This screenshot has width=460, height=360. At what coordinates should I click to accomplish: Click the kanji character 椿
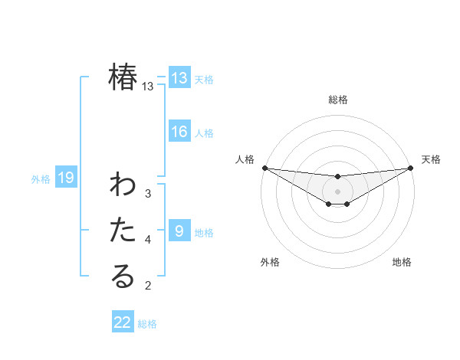[x=123, y=77]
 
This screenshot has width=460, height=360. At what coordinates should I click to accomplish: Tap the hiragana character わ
[x=123, y=185]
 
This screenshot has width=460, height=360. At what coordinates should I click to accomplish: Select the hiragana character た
[x=123, y=230]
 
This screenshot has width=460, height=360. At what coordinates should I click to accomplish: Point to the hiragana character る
[x=123, y=277]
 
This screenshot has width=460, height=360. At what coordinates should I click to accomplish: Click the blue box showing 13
[x=179, y=77]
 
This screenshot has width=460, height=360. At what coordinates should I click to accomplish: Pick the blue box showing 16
[x=179, y=132]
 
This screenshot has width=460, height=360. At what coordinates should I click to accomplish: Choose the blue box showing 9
[x=179, y=231]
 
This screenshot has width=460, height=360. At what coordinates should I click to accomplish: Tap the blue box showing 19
[x=66, y=178]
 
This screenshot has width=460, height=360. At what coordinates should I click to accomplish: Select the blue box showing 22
[x=123, y=322]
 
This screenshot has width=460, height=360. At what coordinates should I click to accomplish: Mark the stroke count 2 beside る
[x=148, y=286]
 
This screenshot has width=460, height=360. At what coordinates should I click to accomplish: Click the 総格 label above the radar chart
[x=338, y=100]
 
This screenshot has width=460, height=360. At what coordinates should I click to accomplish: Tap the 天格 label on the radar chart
[x=432, y=159]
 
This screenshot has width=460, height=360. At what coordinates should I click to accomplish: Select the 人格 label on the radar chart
[x=245, y=159]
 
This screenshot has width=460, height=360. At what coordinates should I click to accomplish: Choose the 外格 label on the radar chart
[x=270, y=262]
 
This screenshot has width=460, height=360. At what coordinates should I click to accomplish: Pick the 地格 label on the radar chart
[x=402, y=262]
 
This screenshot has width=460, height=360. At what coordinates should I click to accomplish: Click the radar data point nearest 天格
[x=411, y=168]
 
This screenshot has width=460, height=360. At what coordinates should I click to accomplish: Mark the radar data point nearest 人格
[x=264, y=168]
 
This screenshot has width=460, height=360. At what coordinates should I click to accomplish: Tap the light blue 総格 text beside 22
[x=147, y=324]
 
